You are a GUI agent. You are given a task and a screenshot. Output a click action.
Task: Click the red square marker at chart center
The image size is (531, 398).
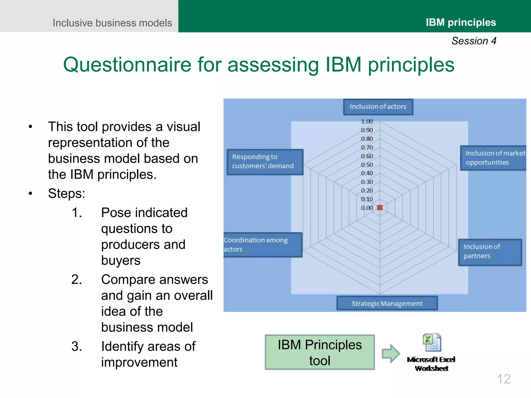[x=380, y=208]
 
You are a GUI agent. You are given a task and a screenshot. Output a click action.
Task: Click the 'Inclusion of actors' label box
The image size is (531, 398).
[x=378, y=107]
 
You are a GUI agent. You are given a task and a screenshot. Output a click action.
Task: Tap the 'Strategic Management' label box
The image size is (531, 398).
[x=387, y=303]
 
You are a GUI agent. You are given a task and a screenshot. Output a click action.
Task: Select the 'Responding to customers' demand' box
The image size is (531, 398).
[x=265, y=162]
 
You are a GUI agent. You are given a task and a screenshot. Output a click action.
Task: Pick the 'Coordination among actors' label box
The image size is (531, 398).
[x=262, y=245]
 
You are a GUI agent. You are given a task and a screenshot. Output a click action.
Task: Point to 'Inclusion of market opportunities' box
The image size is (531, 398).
[x=493, y=158]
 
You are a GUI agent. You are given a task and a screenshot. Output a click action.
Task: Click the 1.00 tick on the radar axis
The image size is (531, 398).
[x=367, y=122]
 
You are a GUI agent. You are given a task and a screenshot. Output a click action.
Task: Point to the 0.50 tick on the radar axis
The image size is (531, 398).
[x=367, y=165]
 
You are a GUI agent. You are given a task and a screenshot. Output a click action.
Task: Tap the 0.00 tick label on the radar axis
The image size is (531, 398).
[x=367, y=208]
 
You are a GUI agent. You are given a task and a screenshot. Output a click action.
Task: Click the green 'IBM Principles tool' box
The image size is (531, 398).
[x=320, y=352]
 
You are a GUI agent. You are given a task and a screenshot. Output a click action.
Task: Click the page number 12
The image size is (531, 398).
[x=504, y=379]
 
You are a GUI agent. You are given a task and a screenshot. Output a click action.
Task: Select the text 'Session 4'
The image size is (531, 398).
[x=474, y=41]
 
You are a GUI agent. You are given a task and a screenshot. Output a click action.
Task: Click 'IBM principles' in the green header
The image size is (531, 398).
[x=461, y=23]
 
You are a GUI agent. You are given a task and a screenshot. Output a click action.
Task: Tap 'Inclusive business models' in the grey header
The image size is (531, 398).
[x=112, y=23]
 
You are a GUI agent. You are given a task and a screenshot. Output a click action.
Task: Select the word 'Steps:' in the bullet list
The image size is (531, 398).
[x=67, y=194]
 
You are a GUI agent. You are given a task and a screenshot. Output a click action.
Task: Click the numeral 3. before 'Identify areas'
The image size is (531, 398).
[x=77, y=346]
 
